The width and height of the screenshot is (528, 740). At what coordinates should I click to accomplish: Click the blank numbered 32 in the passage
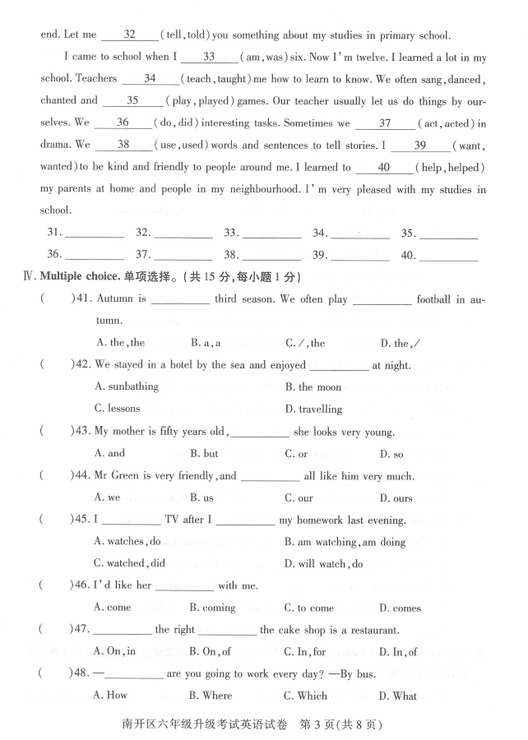point(130,35)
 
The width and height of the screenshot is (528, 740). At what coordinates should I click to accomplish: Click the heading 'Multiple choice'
point(78,276)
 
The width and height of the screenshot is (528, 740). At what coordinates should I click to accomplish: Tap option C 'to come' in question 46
point(309,608)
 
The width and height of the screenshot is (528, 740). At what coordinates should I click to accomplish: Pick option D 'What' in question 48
point(398,696)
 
